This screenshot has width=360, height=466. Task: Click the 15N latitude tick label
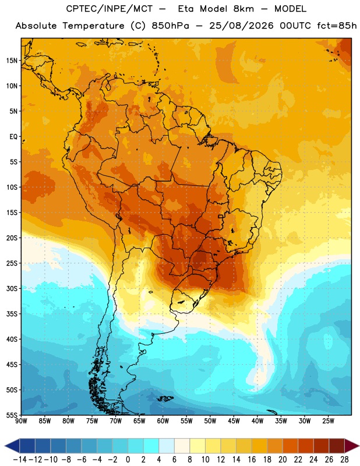[12, 61]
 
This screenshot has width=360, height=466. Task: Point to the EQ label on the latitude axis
[13, 137]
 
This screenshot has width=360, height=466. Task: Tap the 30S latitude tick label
[12, 288]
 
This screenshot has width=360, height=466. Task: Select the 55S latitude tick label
[12, 415]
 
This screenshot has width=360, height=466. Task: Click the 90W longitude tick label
[21, 421]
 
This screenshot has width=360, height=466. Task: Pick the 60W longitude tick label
[163, 421]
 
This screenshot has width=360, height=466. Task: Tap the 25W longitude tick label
[328, 421]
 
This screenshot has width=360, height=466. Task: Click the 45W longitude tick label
[234, 421]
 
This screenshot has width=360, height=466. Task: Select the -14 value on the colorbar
[20, 460]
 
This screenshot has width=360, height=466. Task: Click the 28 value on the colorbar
[344, 460]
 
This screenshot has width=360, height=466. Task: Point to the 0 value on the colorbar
[128, 460]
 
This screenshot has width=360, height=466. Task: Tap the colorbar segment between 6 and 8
[182, 446]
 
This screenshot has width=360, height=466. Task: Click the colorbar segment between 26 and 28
[337, 446]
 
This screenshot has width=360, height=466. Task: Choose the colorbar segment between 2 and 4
[151, 446]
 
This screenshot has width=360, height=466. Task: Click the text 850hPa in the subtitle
[170, 26]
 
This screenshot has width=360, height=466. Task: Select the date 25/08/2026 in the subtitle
[241, 26]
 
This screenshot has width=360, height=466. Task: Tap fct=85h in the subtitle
[337, 26]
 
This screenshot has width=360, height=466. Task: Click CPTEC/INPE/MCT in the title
[109, 9]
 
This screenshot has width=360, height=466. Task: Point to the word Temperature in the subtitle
[93, 26]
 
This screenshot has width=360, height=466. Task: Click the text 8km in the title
[243, 9]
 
